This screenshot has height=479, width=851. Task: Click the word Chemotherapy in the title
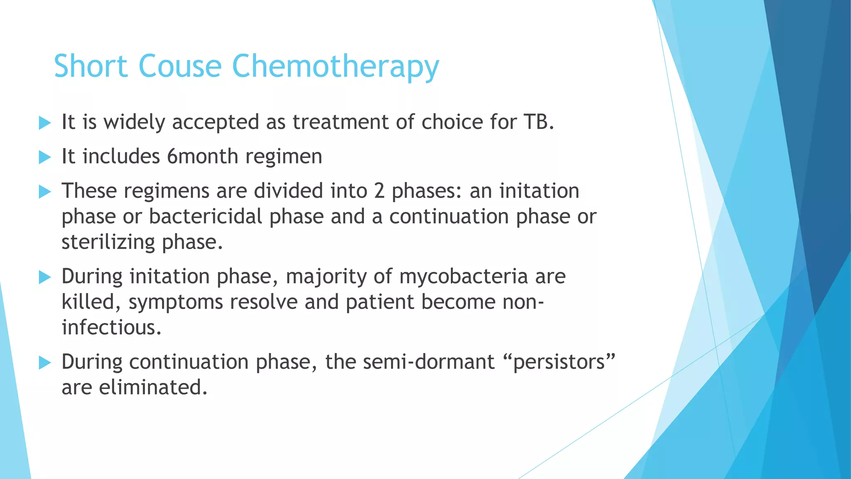[x=335, y=67]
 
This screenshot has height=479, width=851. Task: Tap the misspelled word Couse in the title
[x=180, y=67]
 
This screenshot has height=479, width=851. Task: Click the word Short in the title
[x=91, y=67]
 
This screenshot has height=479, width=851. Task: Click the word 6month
[x=202, y=157]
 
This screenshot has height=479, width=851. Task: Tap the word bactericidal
[x=206, y=217]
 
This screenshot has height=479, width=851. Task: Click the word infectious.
[x=111, y=328]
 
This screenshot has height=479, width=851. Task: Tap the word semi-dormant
[x=428, y=362]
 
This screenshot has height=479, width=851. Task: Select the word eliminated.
[x=153, y=388]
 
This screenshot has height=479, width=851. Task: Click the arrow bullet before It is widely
[x=44, y=123]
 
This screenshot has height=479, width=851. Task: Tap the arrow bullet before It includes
[x=44, y=157]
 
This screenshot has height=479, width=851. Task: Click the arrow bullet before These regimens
[x=44, y=192]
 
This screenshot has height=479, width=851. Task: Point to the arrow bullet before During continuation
[x=44, y=363]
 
